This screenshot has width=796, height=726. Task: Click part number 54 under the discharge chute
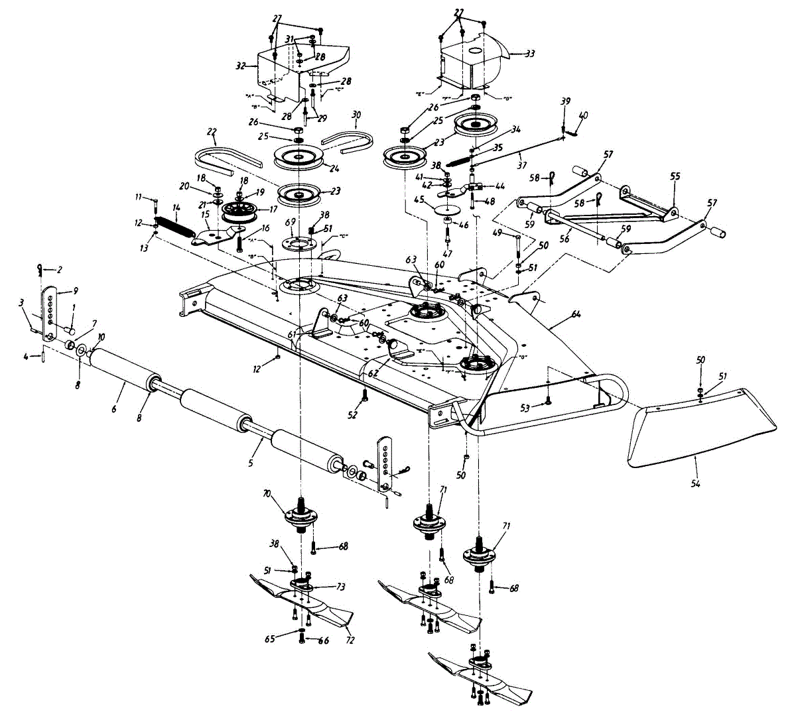pyautogui.click(x=695, y=484)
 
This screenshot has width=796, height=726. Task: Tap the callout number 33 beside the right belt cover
pyautogui.click(x=530, y=53)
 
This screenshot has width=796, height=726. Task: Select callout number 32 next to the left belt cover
pyautogui.click(x=241, y=66)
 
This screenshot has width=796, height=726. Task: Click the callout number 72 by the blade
pyautogui.click(x=350, y=641)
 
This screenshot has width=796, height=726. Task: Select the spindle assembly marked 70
pyautogui.click(x=302, y=517)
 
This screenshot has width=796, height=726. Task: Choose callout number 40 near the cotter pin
pyautogui.click(x=583, y=115)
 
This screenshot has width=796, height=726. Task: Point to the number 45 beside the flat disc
pyautogui.click(x=419, y=198)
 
